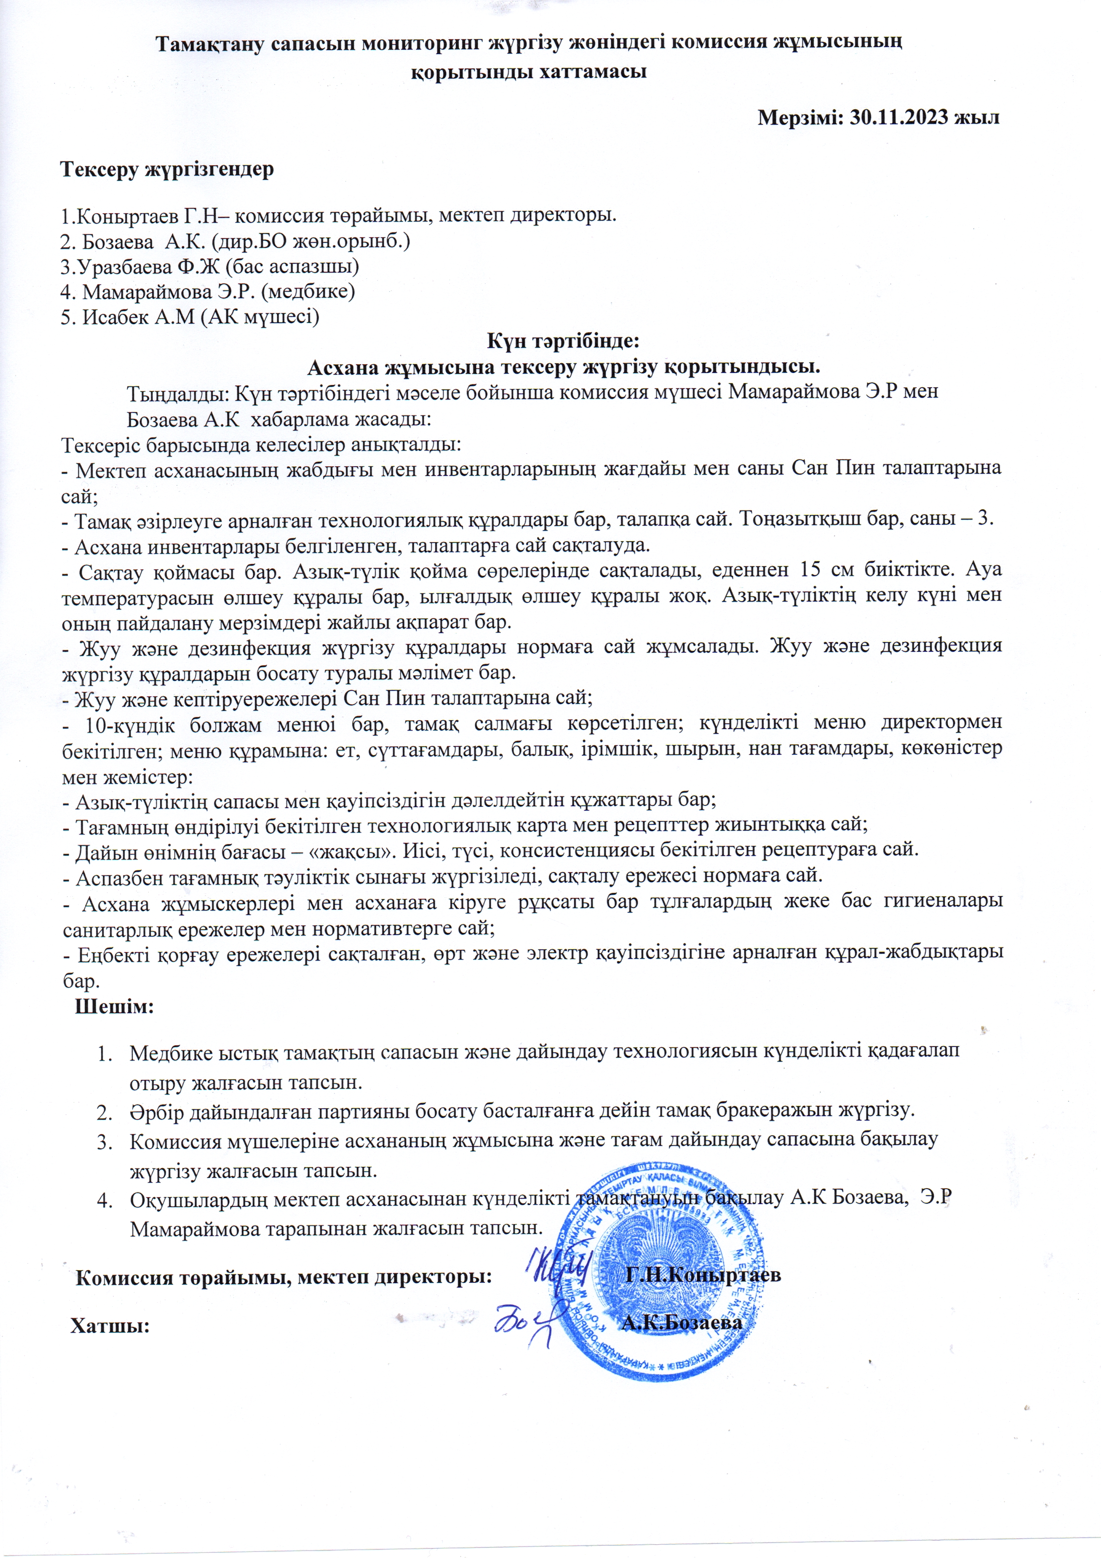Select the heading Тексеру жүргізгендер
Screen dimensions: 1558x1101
click(x=168, y=169)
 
